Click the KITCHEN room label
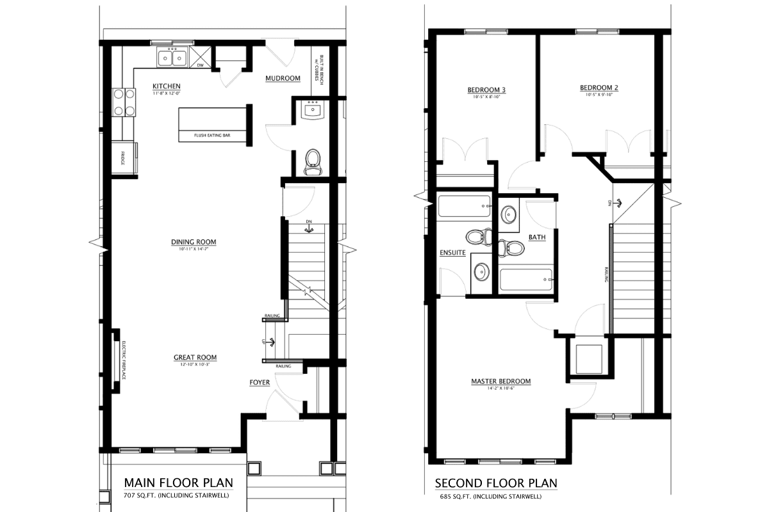point(166,86)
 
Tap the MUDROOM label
point(283,78)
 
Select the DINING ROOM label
point(194,242)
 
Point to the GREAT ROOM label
point(195,357)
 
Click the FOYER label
point(260,383)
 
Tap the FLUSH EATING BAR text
point(212,136)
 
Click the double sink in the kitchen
point(172,58)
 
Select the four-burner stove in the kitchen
point(124,102)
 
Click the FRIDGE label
point(122,157)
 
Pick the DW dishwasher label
point(200,65)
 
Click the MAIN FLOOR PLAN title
point(178,482)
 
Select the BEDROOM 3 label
point(486,90)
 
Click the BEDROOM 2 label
point(599,88)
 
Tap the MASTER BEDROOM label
point(500,381)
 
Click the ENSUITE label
point(452,253)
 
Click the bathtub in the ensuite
point(463,207)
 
